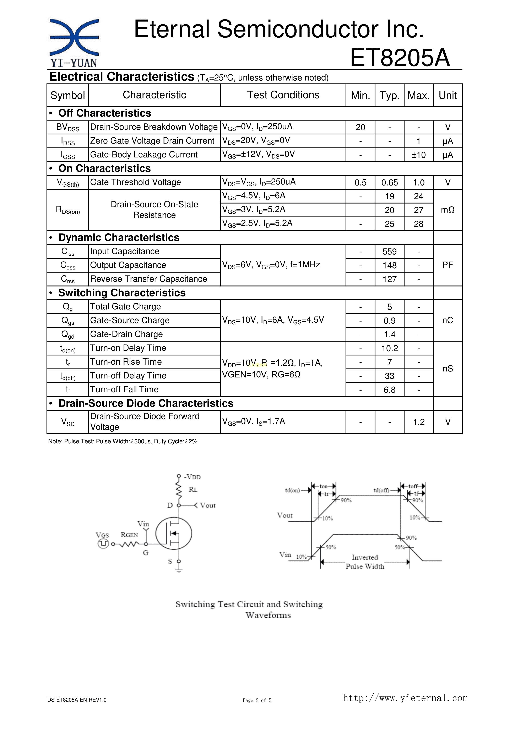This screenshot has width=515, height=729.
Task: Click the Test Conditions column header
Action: tap(283, 95)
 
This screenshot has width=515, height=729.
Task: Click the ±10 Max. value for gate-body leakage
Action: tap(418, 155)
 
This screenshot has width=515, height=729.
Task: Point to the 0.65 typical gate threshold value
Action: tap(389, 183)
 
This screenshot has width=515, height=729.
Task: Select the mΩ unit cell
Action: tap(448, 210)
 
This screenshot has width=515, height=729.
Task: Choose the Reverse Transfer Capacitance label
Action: tap(148, 279)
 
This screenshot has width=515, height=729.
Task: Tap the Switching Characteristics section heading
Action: tap(122, 293)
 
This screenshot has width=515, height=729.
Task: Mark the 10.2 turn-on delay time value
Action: tap(389, 348)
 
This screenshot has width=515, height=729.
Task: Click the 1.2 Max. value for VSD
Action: tap(418, 422)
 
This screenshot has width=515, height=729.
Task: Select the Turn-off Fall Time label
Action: tap(124, 389)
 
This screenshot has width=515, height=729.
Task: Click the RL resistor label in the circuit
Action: tap(193, 490)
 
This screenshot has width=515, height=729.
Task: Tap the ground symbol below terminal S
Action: tap(179, 570)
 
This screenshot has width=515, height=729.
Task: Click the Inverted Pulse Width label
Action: tap(365, 562)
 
